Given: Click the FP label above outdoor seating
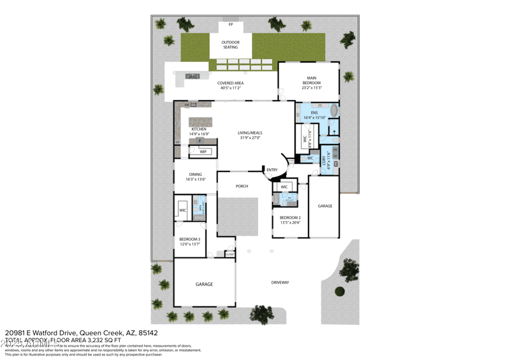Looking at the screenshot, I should point(230,25).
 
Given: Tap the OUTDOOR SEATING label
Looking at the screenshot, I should point(230,45).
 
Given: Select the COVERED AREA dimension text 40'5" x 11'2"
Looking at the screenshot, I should point(230,88).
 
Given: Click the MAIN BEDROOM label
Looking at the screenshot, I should point(311,80).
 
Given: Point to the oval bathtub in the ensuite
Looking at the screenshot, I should point(330,112).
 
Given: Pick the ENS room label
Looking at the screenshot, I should point(314,113).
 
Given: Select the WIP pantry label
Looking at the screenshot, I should point(203,152).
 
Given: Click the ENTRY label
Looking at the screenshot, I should point(272,169).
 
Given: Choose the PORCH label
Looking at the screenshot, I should point(242,186).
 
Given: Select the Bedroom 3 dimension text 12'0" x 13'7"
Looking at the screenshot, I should point(189,244).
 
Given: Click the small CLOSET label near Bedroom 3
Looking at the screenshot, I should point(229,254).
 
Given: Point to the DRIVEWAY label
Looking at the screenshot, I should point(280,282).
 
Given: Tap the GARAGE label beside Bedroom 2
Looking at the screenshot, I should point(325,206).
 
